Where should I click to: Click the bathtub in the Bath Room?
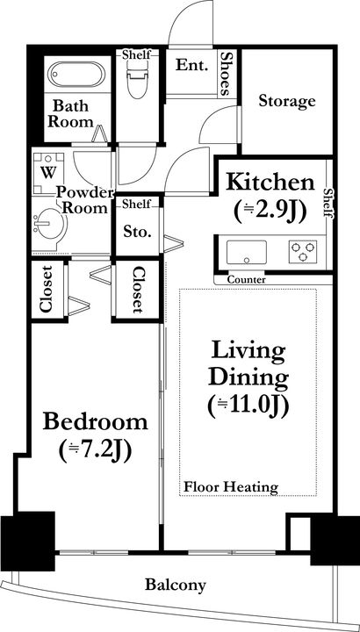click(x=76, y=74)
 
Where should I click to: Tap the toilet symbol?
click(x=138, y=80)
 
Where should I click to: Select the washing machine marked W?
click(x=48, y=173)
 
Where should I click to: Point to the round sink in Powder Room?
click(x=49, y=224)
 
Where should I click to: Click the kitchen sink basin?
click(x=247, y=252)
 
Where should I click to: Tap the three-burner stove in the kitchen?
click(x=303, y=252)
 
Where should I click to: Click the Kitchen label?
click(x=270, y=183)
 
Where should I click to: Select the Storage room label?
click(x=286, y=101)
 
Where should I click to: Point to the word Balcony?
click(x=176, y=585)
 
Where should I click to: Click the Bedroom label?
click(x=96, y=422)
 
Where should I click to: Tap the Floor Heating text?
click(x=231, y=487)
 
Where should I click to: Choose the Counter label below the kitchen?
click(x=247, y=279)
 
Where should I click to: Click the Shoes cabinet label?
click(x=227, y=74)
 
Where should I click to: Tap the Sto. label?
click(x=138, y=232)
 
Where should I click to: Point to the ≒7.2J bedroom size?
click(x=95, y=451)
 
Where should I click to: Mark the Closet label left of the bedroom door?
click(x=46, y=289)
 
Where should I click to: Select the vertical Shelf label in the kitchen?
click(x=329, y=204)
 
